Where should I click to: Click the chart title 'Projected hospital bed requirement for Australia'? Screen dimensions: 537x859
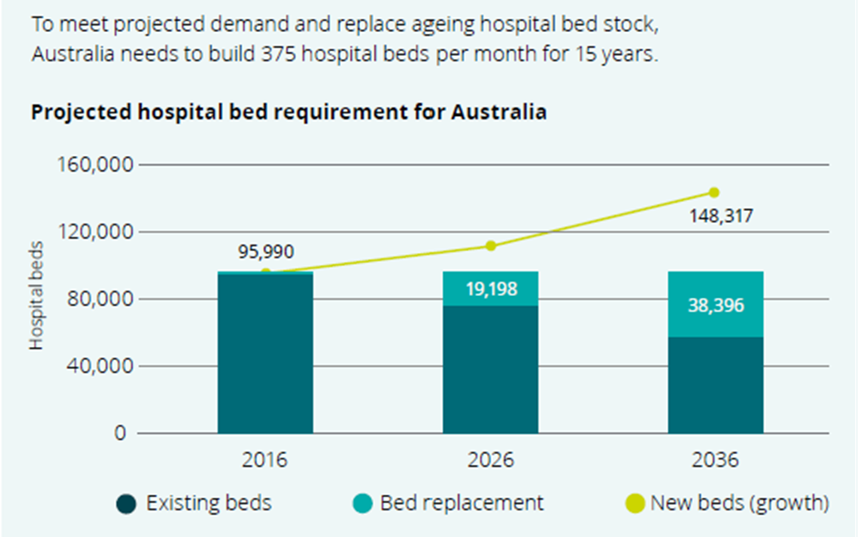pos(289,113)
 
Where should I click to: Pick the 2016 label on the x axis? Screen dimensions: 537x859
pos(264,458)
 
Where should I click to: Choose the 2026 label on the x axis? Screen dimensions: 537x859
pos(490,458)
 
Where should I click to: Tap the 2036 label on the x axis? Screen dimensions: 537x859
pos(715,458)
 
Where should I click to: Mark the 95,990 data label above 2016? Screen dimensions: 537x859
pos(266,252)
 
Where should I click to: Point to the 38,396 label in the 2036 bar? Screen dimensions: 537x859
pos(716,306)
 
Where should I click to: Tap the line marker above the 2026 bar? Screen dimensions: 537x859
pos(491,246)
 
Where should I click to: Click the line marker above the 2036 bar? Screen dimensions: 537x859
pos(715,193)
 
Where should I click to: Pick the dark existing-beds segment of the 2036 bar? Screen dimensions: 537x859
pos(716,384)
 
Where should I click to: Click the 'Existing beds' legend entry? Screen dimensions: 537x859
pos(194,503)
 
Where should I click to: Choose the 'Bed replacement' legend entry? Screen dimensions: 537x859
pos(450,503)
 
